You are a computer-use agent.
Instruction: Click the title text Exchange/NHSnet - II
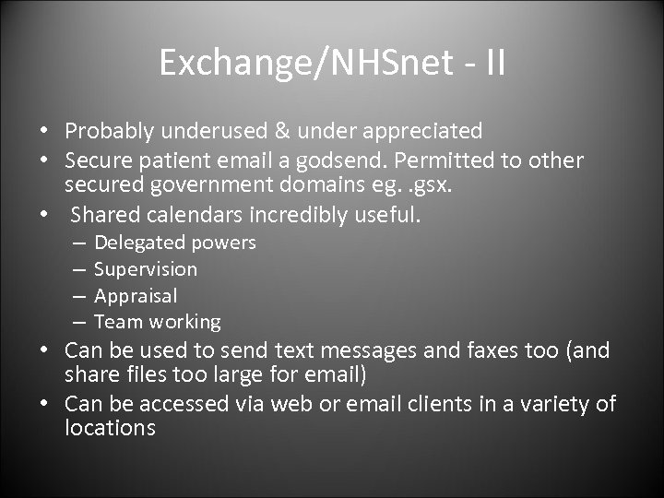coord(332,63)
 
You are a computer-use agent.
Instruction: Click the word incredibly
coord(311,215)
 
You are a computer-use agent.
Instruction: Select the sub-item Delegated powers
coord(175,243)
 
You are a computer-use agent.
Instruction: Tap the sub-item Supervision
coord(146,269)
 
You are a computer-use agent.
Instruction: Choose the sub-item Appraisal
coord(136,296)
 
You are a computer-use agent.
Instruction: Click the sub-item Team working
coord(158,322)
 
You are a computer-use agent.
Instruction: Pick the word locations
coord(111,429)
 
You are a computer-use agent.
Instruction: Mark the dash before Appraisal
coord(78,296)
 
